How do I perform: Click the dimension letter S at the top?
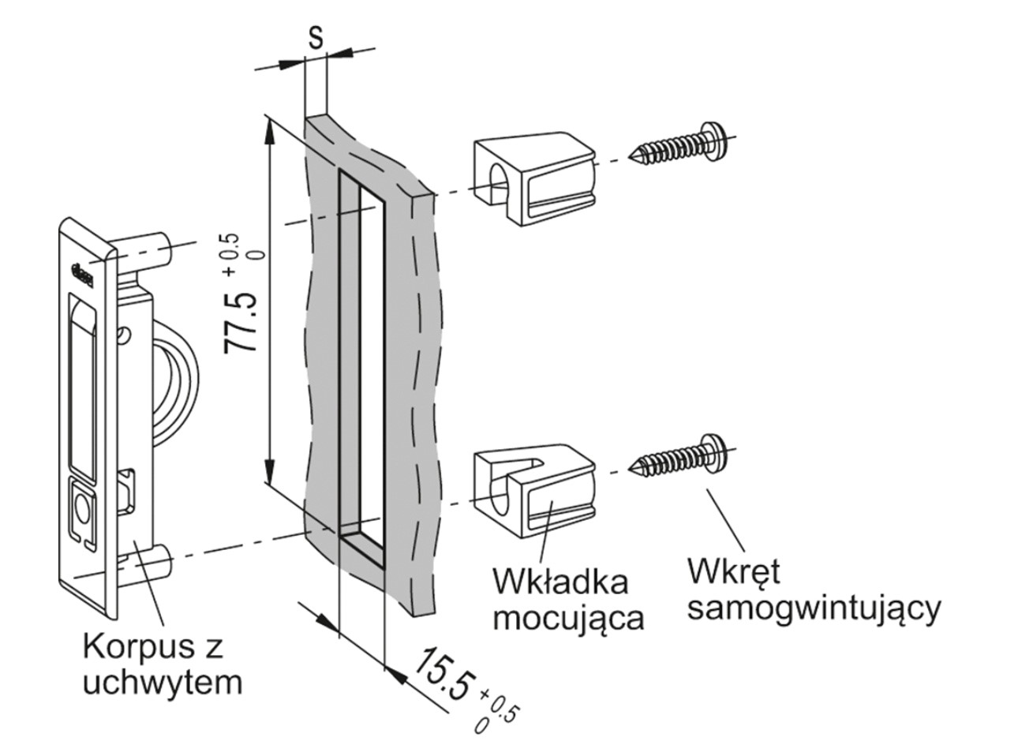[x=316, y=37]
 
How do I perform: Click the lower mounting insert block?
[x=533, y=492]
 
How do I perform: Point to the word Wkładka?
[x=560, y=582]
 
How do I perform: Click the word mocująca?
[x=568, y=617]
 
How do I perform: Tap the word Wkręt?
[x=734, y=571]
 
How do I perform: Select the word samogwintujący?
[x=813, y=608]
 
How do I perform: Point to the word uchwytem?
[x=162, y=682]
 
